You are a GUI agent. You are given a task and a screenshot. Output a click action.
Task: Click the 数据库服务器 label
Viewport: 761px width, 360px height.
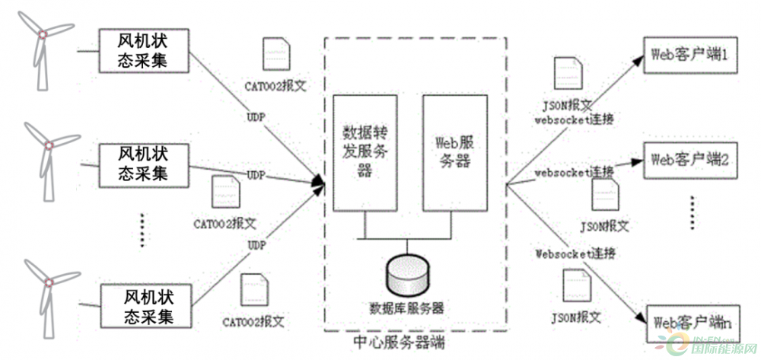(407, 308)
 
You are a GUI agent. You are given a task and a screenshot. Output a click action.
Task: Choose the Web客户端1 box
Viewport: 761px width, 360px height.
(690, 55)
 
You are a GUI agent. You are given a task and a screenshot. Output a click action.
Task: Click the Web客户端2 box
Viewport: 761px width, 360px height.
(690, 161)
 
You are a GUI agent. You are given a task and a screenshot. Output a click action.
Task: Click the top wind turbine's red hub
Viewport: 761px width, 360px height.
(44, 33)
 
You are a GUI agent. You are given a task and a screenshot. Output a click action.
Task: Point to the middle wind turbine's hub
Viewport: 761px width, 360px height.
(48, 145)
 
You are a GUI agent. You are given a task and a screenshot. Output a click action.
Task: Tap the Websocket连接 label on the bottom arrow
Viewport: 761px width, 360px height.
(575, 253)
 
